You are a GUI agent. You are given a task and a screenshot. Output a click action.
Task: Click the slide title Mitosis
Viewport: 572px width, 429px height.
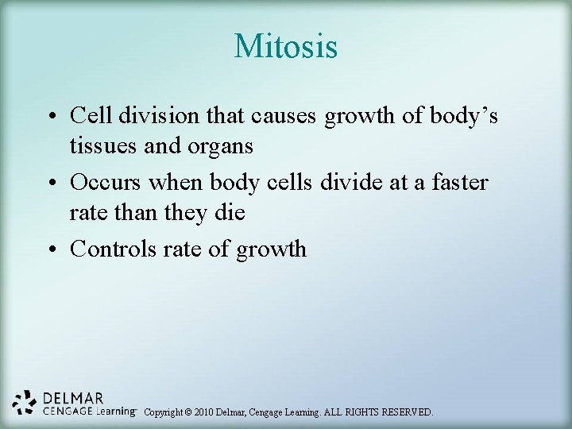(x=286, y=47)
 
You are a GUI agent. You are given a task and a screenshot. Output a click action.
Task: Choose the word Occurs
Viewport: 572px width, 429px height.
(x=106, y=182)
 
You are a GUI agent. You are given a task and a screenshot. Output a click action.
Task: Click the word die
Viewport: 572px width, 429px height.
(x=230, y=214)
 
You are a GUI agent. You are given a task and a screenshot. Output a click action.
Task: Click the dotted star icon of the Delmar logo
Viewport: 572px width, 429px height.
(x=26, y=404)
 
